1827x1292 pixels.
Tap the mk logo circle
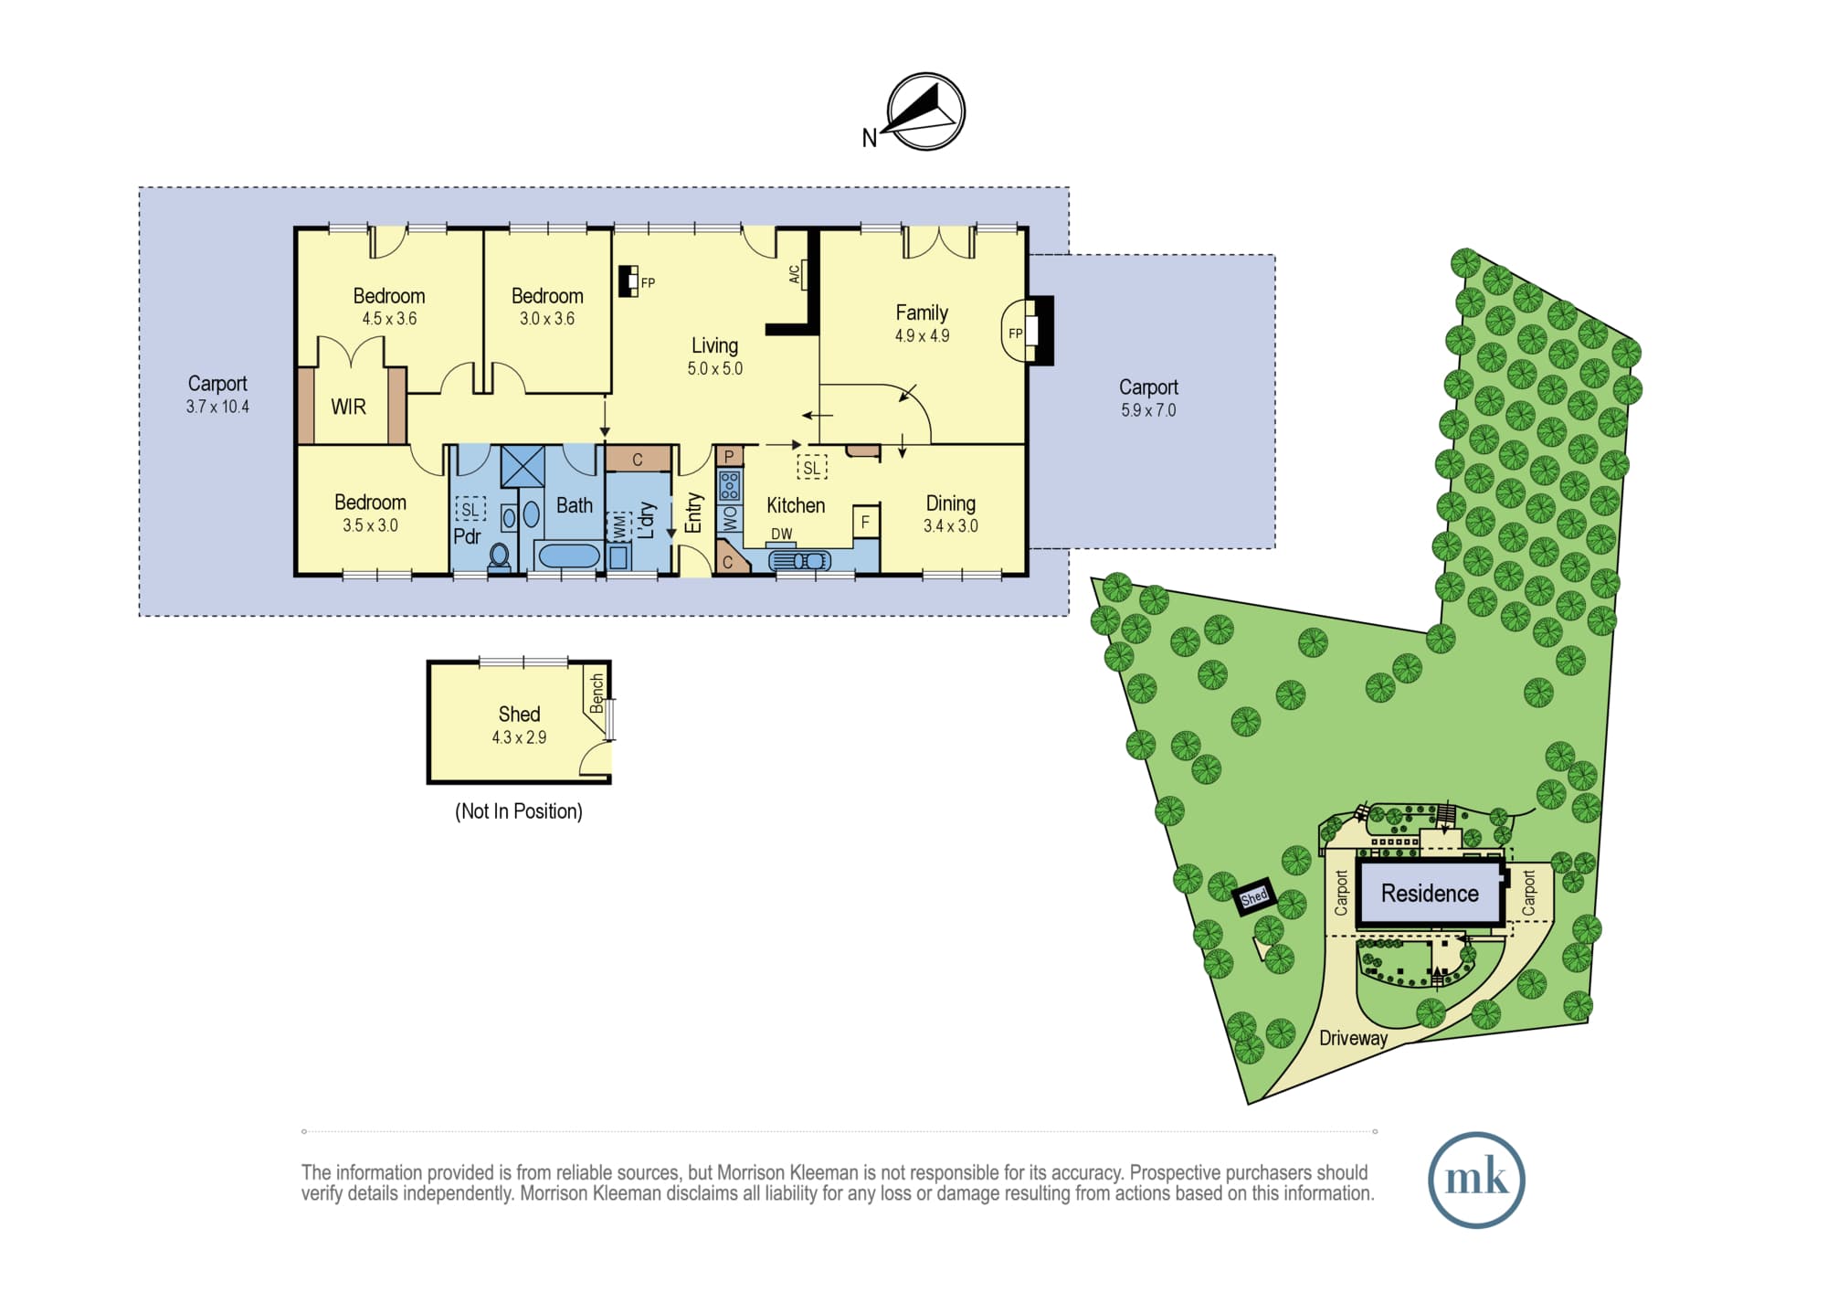point(1476,1180)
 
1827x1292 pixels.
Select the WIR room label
point(348,407)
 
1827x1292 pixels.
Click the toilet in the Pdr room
point(500,556)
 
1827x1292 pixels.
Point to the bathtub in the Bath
point(567,555)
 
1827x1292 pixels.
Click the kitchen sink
point(800,559)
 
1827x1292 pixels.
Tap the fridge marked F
point(866,522)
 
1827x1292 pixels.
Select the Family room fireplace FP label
point(1015,334)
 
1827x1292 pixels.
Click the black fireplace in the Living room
point(628,281)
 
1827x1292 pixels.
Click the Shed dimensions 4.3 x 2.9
point(519,737)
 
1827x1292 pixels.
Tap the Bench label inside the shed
point(597,694)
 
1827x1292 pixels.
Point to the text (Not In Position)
point(519,811)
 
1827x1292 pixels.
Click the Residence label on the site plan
point(1430,894)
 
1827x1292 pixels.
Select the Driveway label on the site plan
point(1353,1038)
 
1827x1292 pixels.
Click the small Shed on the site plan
point(1253,897)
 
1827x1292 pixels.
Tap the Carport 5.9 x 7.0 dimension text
point(1148,410)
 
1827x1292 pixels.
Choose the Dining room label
point(950,503)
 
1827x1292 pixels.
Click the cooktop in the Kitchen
point(729,485)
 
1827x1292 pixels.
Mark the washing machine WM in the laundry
point(620,526)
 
